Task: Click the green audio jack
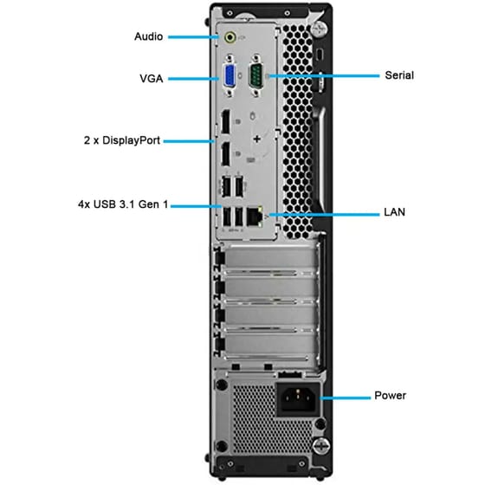(x=230, y=37)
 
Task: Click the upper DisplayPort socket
(x=223, y=126)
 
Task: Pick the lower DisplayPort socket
(x=223, y=157)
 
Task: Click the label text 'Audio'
(x=149, y=37)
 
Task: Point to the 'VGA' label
(x=152, y=78)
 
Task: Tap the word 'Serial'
(x=399, y=75)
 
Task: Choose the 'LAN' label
(x=395, y=211)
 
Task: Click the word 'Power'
(x=390, y=396)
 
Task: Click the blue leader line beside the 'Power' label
(x=342, y=396)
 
